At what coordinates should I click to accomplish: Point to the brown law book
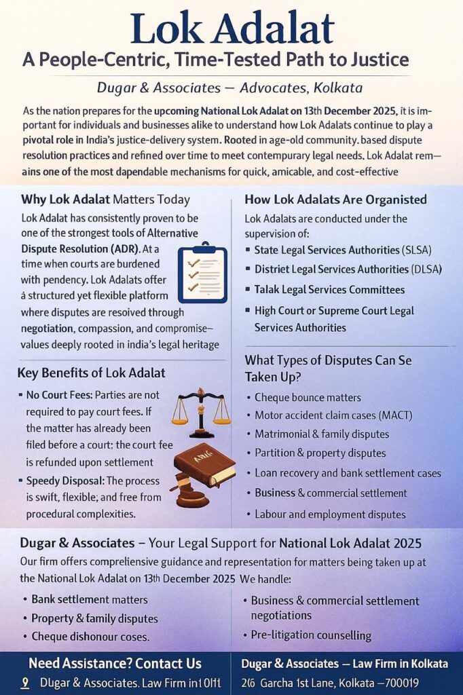pyautogui.click(x=204, y=465)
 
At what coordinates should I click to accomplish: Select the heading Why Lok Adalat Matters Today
pyautogui.click(x=105, y=200)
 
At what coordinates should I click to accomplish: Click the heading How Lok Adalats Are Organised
pyautogui.click(x=335, y=200)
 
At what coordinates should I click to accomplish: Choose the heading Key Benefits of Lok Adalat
pyautogui.click(x=91, y=373)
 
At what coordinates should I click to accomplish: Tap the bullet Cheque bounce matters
pyautogui.click(x=308, y=397)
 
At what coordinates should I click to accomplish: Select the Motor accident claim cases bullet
pyautogui.click(x=333, y=415)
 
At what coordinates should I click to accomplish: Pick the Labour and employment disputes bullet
pyautogui.click(x=330, y=514)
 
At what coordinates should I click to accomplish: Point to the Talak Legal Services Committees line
pyautogui.click(x=329, y=290)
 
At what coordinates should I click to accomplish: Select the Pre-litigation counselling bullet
pyautogui.click(x=311, y=635)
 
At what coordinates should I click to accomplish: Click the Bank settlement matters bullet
pyautogui.click(x=90, y=599)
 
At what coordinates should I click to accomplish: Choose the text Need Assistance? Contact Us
pyautogui.click(x=115, y=663)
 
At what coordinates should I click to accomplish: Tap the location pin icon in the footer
pyautogui.click(x=25, y=683)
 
